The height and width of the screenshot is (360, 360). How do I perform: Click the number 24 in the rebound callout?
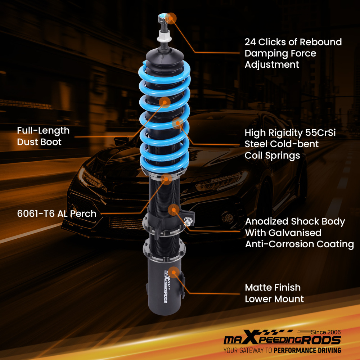click(251, 42)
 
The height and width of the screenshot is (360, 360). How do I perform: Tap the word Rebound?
click(321, 42)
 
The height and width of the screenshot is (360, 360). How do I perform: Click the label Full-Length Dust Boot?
click(43, 136)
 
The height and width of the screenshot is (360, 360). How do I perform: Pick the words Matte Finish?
click(273, 288)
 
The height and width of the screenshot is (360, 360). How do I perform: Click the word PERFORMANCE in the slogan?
click(297, 350)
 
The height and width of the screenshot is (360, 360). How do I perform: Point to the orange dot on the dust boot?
click(165, 102)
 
